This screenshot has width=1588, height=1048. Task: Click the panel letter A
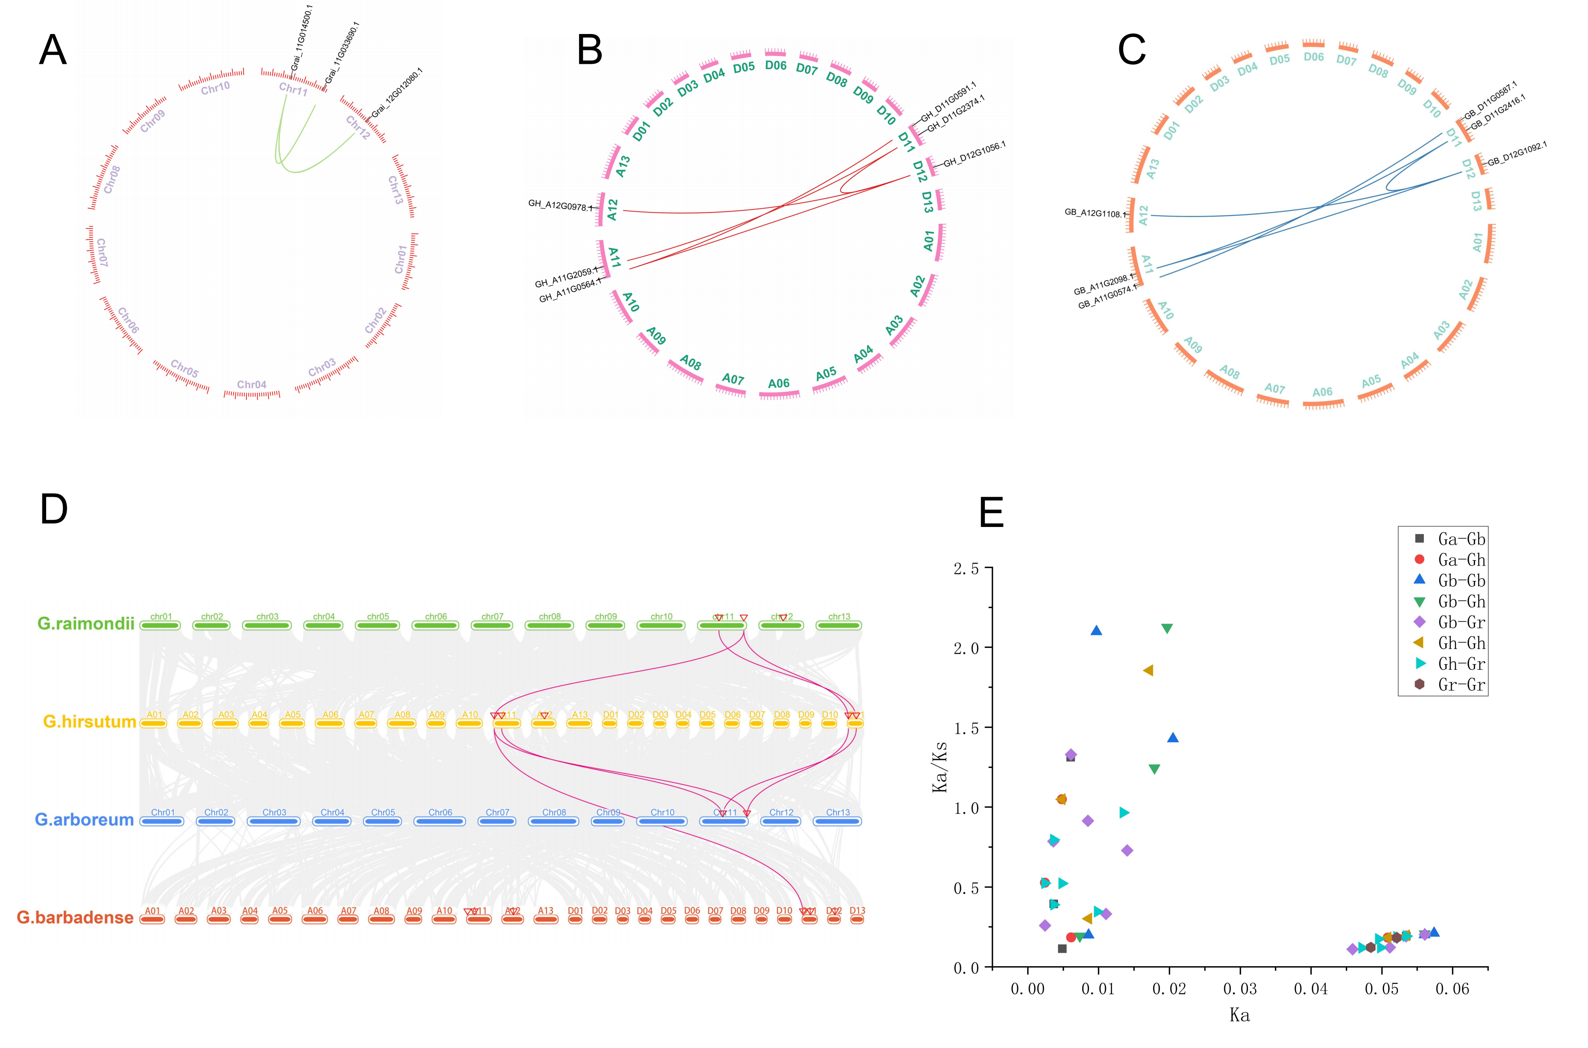(53, 50)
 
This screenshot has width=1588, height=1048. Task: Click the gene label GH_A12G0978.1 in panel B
(559, 206)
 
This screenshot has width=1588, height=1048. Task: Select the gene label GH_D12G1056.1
(974, 155)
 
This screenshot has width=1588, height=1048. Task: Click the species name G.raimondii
(86, 624)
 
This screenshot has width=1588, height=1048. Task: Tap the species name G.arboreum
(84, 820)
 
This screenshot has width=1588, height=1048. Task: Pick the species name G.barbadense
(75, 918)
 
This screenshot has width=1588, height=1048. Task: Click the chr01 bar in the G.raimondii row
(160, 626)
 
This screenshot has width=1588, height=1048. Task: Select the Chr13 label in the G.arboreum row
(838, 813)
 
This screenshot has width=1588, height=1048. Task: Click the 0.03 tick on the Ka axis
(1240, 989)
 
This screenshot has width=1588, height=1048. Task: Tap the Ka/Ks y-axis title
(940, 767)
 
